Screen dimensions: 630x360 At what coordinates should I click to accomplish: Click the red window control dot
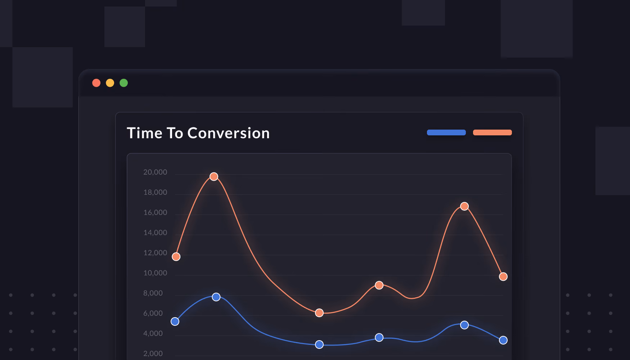click(96, 83)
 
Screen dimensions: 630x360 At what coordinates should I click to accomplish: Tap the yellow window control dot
click(110, 83)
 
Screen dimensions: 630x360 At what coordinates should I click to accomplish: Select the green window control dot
click(123, 83)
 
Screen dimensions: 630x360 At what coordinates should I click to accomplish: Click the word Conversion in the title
click(228, 133)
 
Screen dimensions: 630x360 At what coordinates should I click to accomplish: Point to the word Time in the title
click(145, 133)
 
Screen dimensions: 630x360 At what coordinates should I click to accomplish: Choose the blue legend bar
click(446, 132)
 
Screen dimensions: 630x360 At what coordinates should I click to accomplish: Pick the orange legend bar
click(492, 132)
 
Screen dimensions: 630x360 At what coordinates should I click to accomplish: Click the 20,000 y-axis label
click(155, 172)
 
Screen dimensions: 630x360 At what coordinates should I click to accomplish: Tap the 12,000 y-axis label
click(155, 253)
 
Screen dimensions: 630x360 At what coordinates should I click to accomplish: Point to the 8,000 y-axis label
click(153, 293)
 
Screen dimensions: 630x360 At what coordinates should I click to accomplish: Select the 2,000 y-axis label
click(153, 354)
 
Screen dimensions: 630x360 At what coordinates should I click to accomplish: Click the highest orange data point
click(214, 176)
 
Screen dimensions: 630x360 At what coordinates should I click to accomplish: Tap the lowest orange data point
click(319, 313)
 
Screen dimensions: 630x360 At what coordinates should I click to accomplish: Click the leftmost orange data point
click(176, 257)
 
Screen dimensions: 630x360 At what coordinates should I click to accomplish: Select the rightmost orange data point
click(503, 276)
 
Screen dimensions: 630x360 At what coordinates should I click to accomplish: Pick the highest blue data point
click(216, 297)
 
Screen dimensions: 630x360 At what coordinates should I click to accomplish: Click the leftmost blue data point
click(175, 321)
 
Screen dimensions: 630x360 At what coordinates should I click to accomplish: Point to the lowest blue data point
click(319, 345)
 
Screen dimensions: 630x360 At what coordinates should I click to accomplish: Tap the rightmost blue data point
click(503, 340)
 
